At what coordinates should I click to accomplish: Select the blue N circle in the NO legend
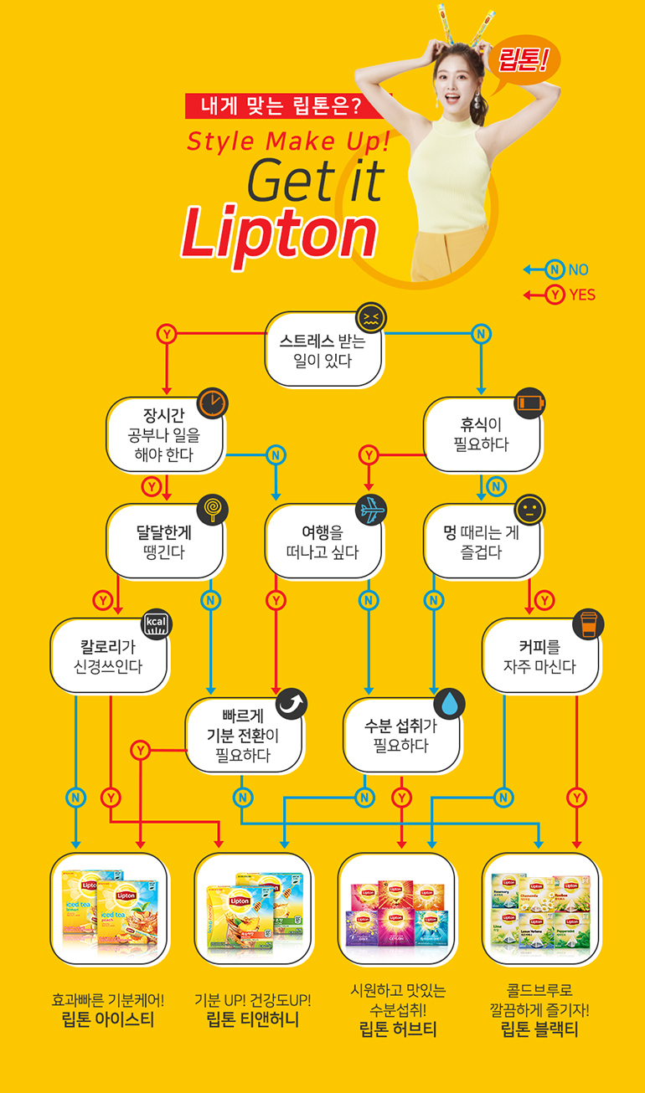tap(554, 269)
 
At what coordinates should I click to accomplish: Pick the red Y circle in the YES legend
tap(554, 295)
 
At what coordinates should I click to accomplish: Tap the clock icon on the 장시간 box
tap(213, 403)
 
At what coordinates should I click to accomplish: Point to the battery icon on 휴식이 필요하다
tap(529, 403)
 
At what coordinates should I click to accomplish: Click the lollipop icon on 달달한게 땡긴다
tap(213, 509)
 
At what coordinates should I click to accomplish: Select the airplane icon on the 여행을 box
tap(370, 509)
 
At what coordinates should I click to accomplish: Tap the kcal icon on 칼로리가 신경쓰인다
tap(157, 623)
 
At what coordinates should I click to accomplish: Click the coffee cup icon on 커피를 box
tap(588, 623)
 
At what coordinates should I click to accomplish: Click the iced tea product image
tap(110, 909)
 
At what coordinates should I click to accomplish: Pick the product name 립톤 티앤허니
tap(252, 1020)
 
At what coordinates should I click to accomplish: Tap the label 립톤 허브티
tap(397, 1029)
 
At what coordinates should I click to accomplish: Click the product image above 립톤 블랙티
tap(541, 909)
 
